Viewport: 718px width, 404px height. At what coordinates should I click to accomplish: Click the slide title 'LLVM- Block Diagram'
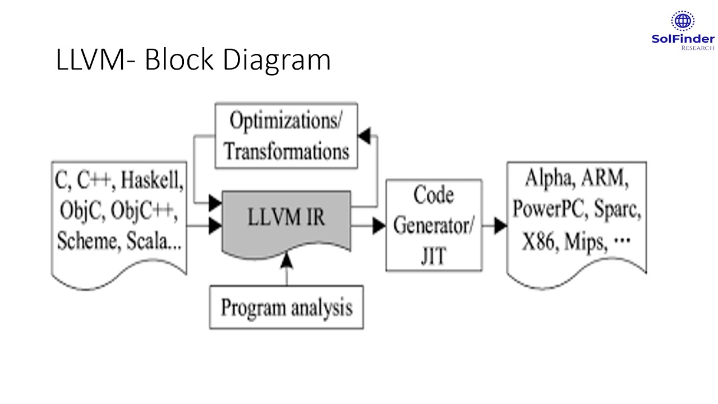193,60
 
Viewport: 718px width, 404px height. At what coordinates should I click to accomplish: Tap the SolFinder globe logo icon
682,21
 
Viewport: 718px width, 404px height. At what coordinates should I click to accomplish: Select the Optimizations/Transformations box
286,136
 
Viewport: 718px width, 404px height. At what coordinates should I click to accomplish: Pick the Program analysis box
286,307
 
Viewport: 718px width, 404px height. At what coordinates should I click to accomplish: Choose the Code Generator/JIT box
433,226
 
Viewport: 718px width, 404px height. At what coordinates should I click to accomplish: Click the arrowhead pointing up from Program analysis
287,259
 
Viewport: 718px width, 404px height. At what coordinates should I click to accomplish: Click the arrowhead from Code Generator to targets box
500,226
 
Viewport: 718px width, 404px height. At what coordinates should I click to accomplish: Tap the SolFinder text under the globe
683,39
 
